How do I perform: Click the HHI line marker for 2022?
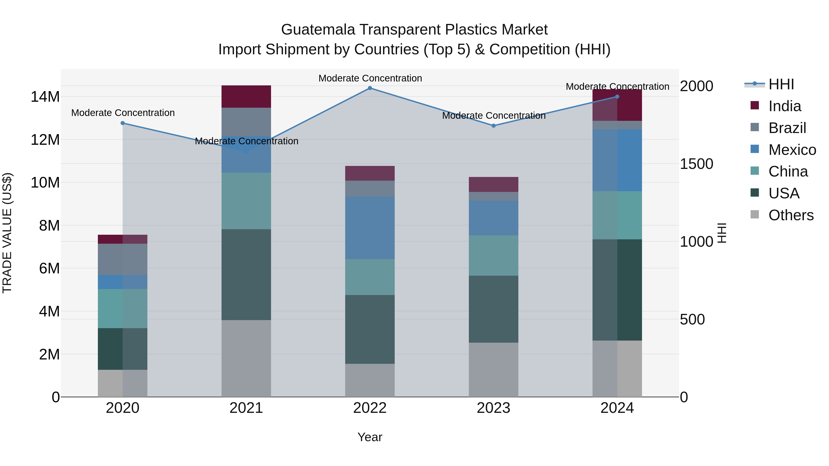[x=370, y=88]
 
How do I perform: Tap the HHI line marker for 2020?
[x=123, y=123]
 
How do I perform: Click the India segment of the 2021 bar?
[x=246, y=96]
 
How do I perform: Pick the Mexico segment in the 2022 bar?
[x=370, y=228]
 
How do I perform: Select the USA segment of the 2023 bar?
[x=493, y=309]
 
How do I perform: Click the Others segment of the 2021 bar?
[x=246, y=358]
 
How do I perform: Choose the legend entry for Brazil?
[x=787, y=128]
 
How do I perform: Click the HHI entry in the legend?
[x=781, y=85]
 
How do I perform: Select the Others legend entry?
[x=791, y=215]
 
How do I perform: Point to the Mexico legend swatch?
[x=755, y=149]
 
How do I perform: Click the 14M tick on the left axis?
[x=45, y=97]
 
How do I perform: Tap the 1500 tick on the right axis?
[x=696, y=164]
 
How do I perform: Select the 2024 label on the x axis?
[x=617, y=408]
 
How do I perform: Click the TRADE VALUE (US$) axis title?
[x=7, y=233]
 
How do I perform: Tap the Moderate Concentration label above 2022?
[x=370, y=78]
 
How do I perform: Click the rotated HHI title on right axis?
[x=722, y=233]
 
